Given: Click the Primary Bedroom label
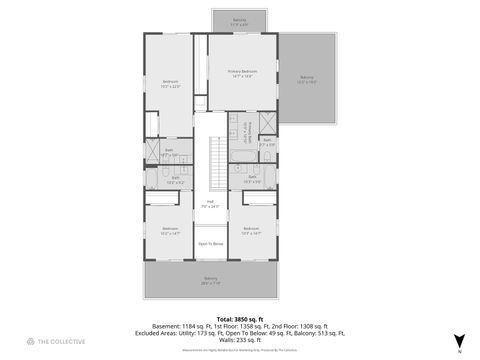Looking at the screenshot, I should [x=240, y=73].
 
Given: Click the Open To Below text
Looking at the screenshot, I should [x=211, y=244].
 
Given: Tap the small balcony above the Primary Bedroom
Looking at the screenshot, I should [x=239, y=19].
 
